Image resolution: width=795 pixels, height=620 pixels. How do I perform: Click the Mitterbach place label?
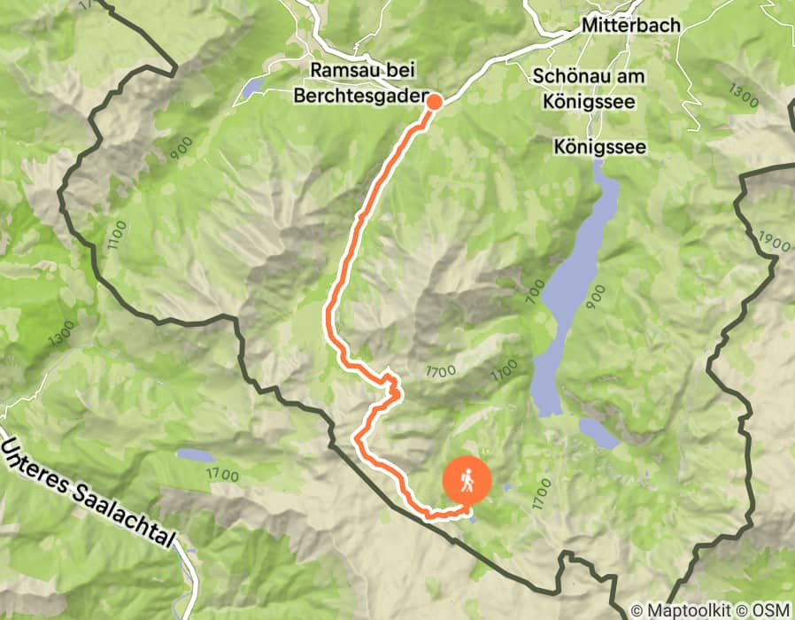[630, 26]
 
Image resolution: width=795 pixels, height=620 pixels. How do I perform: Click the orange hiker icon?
[466, 481]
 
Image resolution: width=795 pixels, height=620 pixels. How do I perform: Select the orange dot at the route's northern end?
[434, 101]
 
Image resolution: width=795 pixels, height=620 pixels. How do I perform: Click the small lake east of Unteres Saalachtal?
[194, 455]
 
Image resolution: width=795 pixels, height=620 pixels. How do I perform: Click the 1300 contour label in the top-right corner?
[744, 95]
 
